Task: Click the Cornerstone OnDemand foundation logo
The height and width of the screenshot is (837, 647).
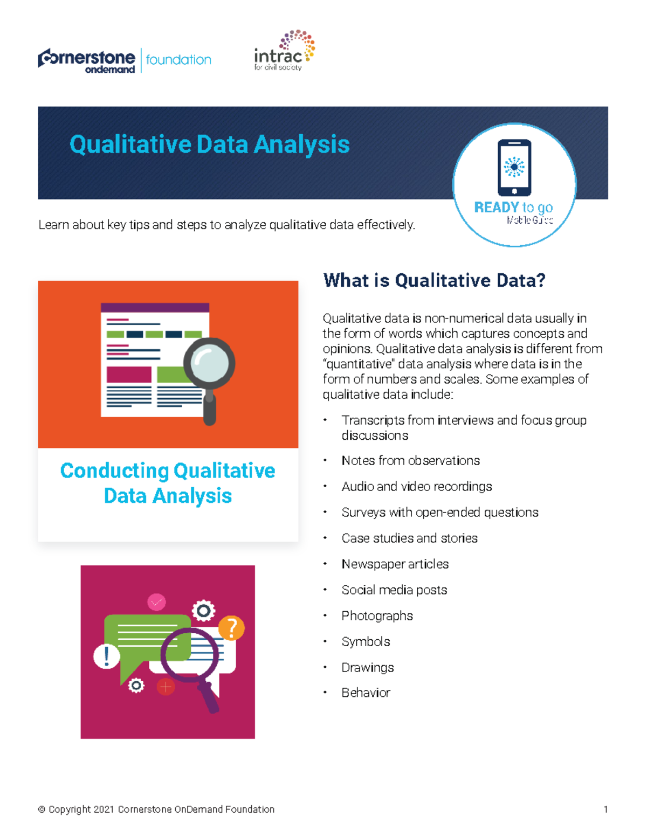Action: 124,60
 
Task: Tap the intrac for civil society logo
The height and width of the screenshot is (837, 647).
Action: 284,52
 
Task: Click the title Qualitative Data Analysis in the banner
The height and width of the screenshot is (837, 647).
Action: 209,144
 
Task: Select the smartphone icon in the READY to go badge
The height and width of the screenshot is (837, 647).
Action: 514,168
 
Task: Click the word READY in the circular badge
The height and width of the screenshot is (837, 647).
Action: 496,207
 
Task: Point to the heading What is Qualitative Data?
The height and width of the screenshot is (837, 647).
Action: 434,280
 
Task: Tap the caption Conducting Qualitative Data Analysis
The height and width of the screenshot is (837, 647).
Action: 168,483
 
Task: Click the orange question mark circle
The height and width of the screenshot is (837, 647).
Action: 232,628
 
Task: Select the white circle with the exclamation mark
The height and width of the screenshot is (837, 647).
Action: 107,656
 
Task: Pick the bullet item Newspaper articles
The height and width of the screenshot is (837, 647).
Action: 395,564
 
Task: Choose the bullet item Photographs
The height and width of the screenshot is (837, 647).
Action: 377,615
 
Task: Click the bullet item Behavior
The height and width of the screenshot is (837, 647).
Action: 366,693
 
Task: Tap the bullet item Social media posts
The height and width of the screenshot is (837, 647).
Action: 394,590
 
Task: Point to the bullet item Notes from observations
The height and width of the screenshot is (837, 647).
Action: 410,460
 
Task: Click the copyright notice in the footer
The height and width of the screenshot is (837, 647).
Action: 156,809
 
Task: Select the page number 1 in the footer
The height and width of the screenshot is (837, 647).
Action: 605,809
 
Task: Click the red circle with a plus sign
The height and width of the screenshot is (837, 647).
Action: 166,687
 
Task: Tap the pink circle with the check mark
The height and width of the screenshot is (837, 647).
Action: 156,602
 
